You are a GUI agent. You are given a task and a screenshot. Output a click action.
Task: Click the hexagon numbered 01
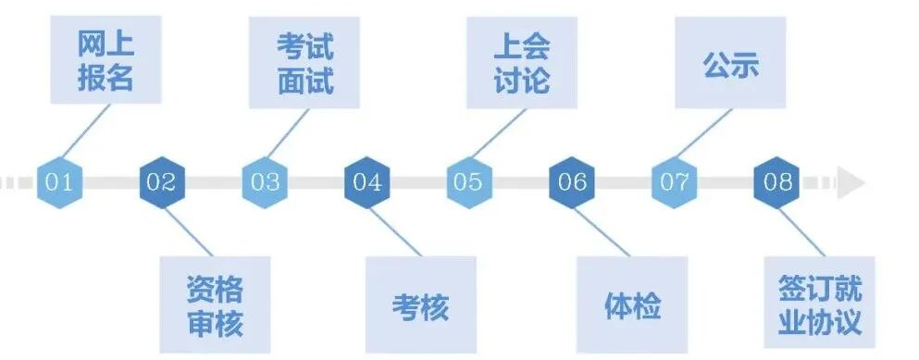tap(59, 181)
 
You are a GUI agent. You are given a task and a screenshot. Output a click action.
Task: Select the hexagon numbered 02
tap(161, 181)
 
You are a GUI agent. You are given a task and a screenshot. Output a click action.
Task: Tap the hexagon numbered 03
tap(264, 181)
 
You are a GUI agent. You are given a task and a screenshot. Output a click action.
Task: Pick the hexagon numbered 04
tap(366, 181)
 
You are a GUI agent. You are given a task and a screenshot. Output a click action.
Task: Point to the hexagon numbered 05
tap(468, 181)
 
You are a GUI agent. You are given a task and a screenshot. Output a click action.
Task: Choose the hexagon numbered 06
tap(572, 181)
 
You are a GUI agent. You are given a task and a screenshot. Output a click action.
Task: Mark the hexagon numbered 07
tap(675, 181)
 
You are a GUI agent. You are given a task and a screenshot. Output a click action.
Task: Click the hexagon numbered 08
tap(777, 181)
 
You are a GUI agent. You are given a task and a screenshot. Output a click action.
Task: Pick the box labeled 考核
tap(420, 304)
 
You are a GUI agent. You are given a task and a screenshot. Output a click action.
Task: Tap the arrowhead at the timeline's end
tap(851, 182)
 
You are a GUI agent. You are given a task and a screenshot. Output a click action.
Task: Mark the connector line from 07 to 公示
tap(703, 134)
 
